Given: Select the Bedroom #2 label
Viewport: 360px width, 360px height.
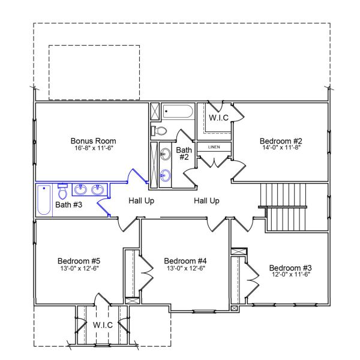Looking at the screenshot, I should (280, 140).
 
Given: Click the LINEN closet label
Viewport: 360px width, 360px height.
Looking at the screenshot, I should (214, 147).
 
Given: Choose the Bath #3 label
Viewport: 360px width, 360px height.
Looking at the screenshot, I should (69, 205).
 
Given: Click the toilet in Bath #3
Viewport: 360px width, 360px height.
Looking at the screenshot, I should (62, 191).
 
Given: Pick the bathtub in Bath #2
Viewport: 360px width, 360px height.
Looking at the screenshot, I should (178, 112).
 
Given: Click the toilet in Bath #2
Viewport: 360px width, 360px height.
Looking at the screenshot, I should (160, 130).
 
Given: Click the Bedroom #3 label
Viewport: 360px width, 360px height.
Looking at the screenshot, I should (290, 268).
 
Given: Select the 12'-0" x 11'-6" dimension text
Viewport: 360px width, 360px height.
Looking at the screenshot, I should (290, 275).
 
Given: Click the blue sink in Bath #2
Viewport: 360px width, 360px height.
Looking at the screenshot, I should (166, 176).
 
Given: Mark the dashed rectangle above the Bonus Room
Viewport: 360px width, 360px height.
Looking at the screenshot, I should (94, 72).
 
